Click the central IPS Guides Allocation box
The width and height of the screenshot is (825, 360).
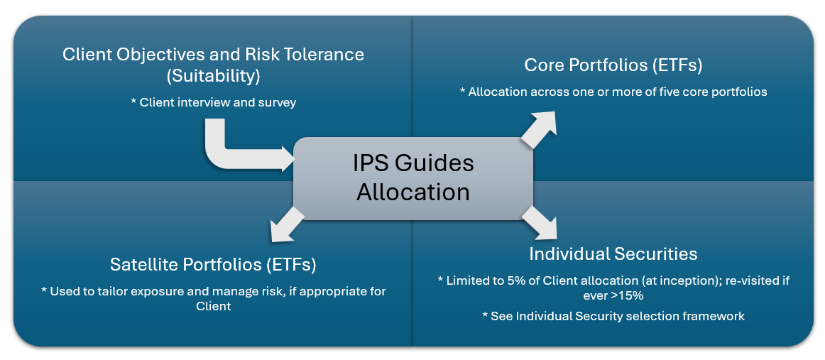[413, 178]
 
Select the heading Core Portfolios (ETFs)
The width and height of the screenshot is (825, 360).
[613, 65]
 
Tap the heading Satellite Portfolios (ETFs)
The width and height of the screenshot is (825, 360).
[213, 265]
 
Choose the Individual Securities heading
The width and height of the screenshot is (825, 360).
[613, 253]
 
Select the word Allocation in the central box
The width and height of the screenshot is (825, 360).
[413, 192]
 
